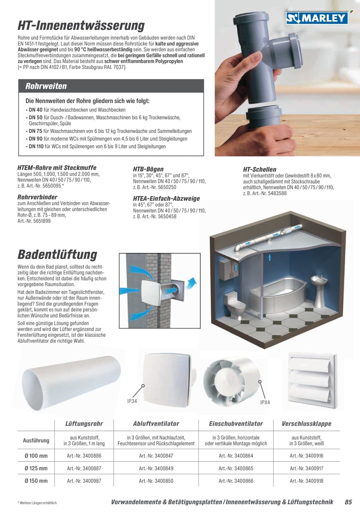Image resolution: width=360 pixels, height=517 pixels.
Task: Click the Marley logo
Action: (x=317, y=18)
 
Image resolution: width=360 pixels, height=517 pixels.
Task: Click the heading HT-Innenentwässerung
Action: (x=81, y=25)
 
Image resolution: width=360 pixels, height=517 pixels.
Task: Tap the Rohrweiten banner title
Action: (x=46, y=86)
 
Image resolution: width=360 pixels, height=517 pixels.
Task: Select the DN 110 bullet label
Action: (x=36, y=146)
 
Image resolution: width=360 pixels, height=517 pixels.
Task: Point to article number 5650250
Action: (x=165, y=187)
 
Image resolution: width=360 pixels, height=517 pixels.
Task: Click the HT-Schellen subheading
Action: (x=259, y=169)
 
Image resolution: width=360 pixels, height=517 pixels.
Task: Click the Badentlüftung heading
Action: (x=58, y=255)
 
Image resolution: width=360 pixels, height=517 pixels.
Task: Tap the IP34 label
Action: (x=132, y=401)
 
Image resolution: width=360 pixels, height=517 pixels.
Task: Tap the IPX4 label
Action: (x=265, y=402)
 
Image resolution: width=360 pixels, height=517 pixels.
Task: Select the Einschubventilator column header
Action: (x=236, y=424)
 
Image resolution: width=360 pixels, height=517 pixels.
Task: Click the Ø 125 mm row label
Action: (x=36, y=468)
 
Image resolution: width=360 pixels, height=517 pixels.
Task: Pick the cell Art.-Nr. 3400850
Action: (x=156, y=481)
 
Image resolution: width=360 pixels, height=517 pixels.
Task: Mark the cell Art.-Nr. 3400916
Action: (x=306, y=456)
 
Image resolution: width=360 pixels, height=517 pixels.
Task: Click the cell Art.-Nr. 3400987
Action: (x=84, y=481)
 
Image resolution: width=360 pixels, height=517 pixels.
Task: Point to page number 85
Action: (x=348, y=502)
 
